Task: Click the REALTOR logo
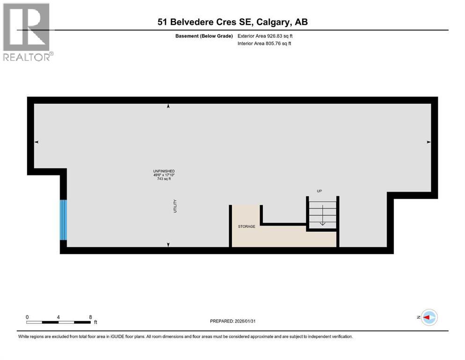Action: (x=27, y=31)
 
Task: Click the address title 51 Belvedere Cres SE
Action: (x=232, y=22)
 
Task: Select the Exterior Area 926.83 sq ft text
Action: (x=266, y=36)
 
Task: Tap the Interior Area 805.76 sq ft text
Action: (x=265, y=44)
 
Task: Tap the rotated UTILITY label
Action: (x=175, y=207)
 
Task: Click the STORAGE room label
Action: (x=246, y=226)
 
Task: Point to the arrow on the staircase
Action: (x=322, y=223)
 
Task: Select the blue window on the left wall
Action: (x=63, y=220)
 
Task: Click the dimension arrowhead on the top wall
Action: (x=168, y=107)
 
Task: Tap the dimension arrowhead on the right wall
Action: (x=428, y=142)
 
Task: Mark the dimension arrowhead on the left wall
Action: (x=37, y=142)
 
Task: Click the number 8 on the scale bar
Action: (x=90, y=317)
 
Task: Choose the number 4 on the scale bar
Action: (x=58, y=317)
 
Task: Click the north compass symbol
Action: (x=428, y=317)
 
